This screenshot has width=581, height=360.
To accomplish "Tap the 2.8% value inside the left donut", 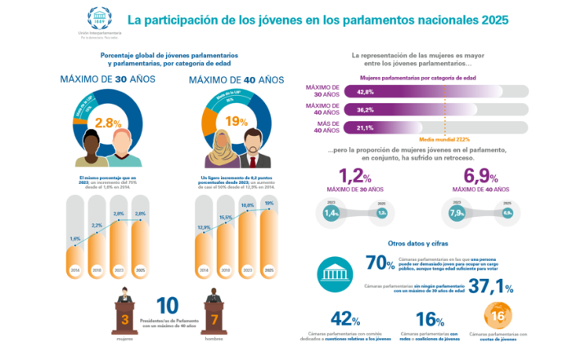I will coord(109,123).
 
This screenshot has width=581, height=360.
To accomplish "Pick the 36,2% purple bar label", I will coord(366,109).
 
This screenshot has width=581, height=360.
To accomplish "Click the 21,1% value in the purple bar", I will coord(365,127).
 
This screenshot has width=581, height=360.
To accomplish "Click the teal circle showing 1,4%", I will coord(331,213).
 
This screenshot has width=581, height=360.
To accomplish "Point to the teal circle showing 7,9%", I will coord(457,213).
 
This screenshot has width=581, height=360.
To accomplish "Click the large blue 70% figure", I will coord(379,263).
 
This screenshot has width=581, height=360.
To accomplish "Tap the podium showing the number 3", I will coord(125,317).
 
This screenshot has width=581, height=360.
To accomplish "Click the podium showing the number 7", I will coord(214,317).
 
